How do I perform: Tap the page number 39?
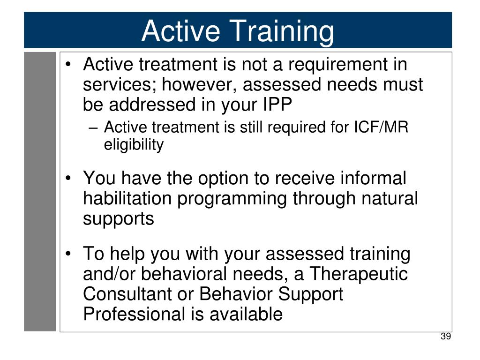click(x=446, y=336)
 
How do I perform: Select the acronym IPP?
click(x=277, y=105)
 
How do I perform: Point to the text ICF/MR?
click(x=381, y=127)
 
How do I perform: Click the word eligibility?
click(x=134, y=144)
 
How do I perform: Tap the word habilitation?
click(x=127, y=198)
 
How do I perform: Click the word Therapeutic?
click(x=359, y=274)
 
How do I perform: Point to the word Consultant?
click(x=127, y=294)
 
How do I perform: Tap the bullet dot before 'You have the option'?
click(x=68, y=178)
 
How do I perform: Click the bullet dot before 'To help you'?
click(x=68, y=254)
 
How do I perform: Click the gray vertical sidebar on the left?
click(x=40, y=192)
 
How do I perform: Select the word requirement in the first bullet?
click(x=338, y=65)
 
